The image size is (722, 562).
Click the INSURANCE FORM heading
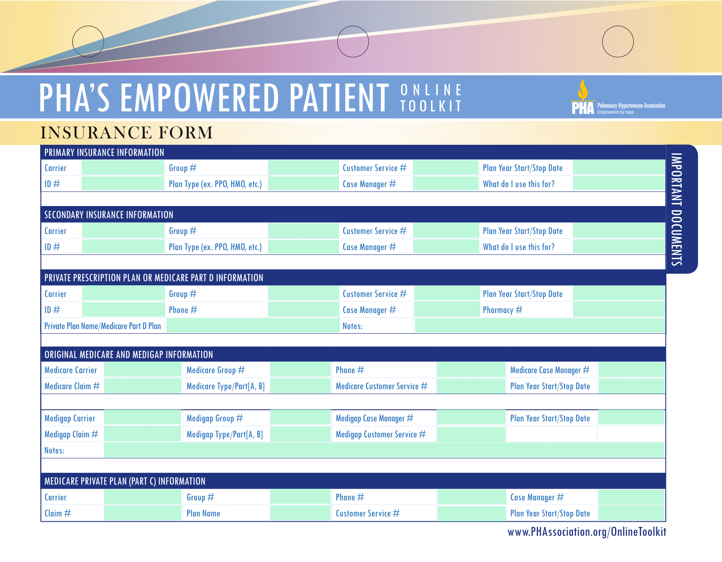coord(127,133)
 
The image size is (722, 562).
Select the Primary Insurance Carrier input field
coord(123,168)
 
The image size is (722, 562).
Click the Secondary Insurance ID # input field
coord(123,247)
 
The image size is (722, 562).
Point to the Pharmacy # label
coord(502,310)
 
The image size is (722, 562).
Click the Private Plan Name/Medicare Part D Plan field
coord(253,326)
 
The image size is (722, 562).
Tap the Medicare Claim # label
coord(72,386)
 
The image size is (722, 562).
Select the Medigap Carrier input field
coord(143,418)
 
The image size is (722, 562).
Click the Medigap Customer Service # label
coord(380,434)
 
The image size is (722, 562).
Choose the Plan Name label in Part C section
coord(203,513)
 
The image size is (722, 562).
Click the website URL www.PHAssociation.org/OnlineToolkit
coord(587,532)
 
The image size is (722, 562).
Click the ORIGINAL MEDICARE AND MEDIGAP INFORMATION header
coord(129,355)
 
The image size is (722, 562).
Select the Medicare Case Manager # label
coord(550,370)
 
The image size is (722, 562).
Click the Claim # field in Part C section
coord(143,513)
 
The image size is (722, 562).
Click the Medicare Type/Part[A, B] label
coord(226,386)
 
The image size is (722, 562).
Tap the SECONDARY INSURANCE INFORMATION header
coord(109,215)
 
